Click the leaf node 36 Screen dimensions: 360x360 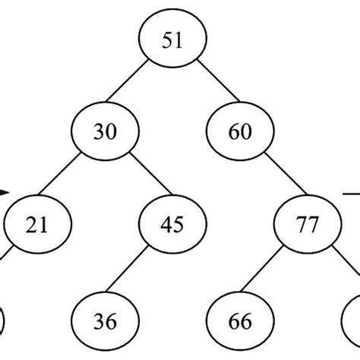pos(106,322)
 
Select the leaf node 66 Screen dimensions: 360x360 pos(239,322)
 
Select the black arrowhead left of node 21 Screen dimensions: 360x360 pos(4,193)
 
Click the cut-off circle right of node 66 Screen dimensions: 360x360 pos(351,323)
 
